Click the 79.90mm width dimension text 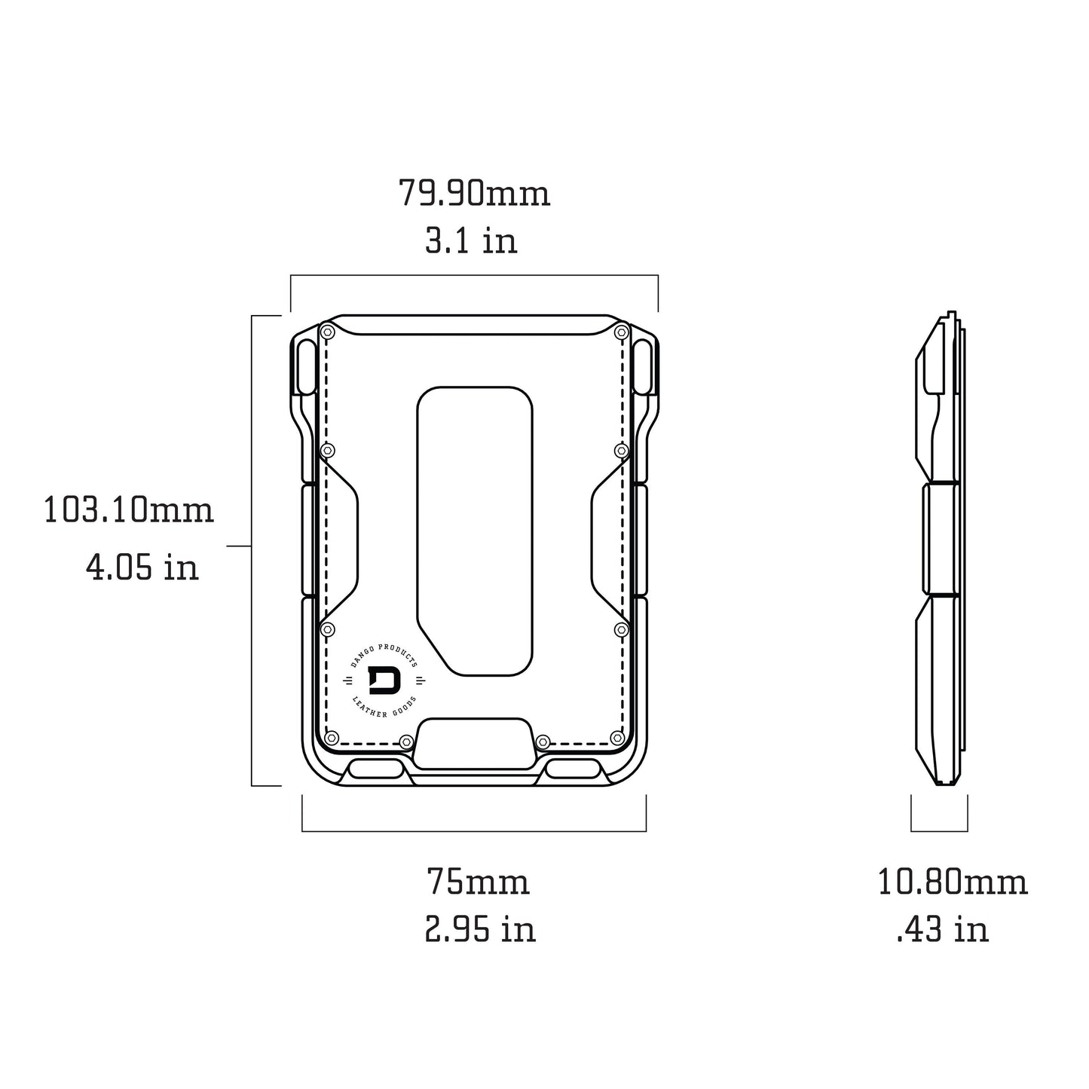[474, 194]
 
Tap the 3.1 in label [471, 241]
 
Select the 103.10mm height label [129, 510]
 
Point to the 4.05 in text [142, 566]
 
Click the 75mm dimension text [478, 882]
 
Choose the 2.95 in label [480, 929]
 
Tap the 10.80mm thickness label [953, 882]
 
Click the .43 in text [942, 929]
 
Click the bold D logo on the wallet [384, 681]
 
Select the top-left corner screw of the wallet [327, 332]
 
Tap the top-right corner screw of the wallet [621, 332]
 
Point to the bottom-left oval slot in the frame [376, 769]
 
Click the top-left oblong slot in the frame [307, 367]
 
